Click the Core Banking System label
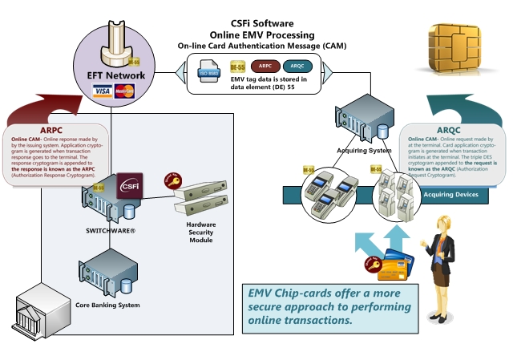click(107, 305)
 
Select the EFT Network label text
click(116, 75)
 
